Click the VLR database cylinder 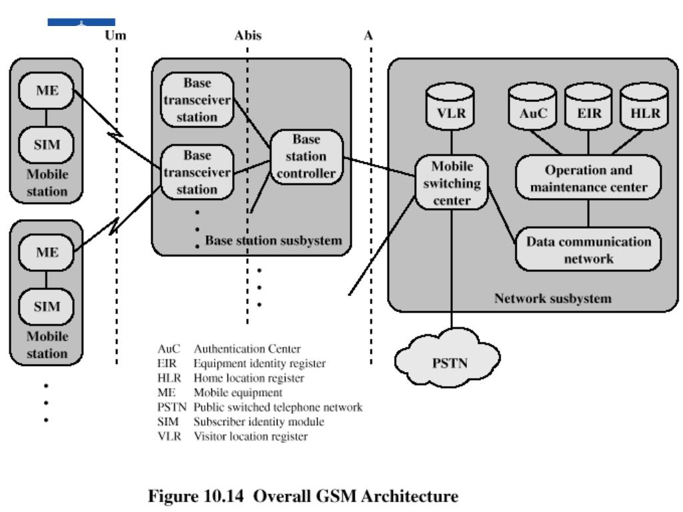451,107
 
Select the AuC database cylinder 532,107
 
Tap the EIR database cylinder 588,107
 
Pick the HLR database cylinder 644,107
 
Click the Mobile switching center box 452,183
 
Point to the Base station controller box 307,157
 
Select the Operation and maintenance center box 588,177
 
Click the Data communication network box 588,249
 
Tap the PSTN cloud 448,358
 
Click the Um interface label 115,35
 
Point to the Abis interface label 248,35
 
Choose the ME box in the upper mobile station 46,90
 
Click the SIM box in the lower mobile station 46,306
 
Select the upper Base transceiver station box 197,100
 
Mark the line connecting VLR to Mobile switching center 452,143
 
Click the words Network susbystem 553,298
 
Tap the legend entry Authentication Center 247,349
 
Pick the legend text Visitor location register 251,436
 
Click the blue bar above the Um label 81,22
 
